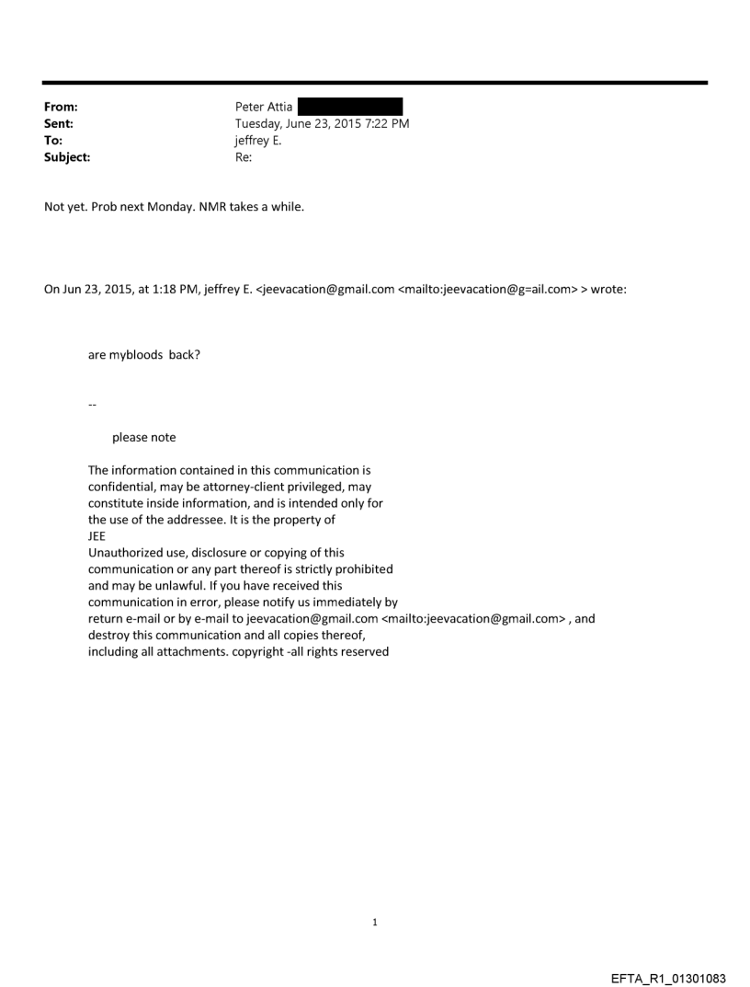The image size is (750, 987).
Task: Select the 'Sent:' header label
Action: (59, 123)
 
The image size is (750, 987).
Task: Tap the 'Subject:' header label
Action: (67, 156)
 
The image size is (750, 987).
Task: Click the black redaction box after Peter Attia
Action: (350, 107)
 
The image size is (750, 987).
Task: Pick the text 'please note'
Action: (144, 437)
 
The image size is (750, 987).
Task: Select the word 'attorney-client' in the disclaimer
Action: (222, 487)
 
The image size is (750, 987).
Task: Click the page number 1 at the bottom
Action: (375, 922)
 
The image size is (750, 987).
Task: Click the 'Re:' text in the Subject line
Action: (244, 156)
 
